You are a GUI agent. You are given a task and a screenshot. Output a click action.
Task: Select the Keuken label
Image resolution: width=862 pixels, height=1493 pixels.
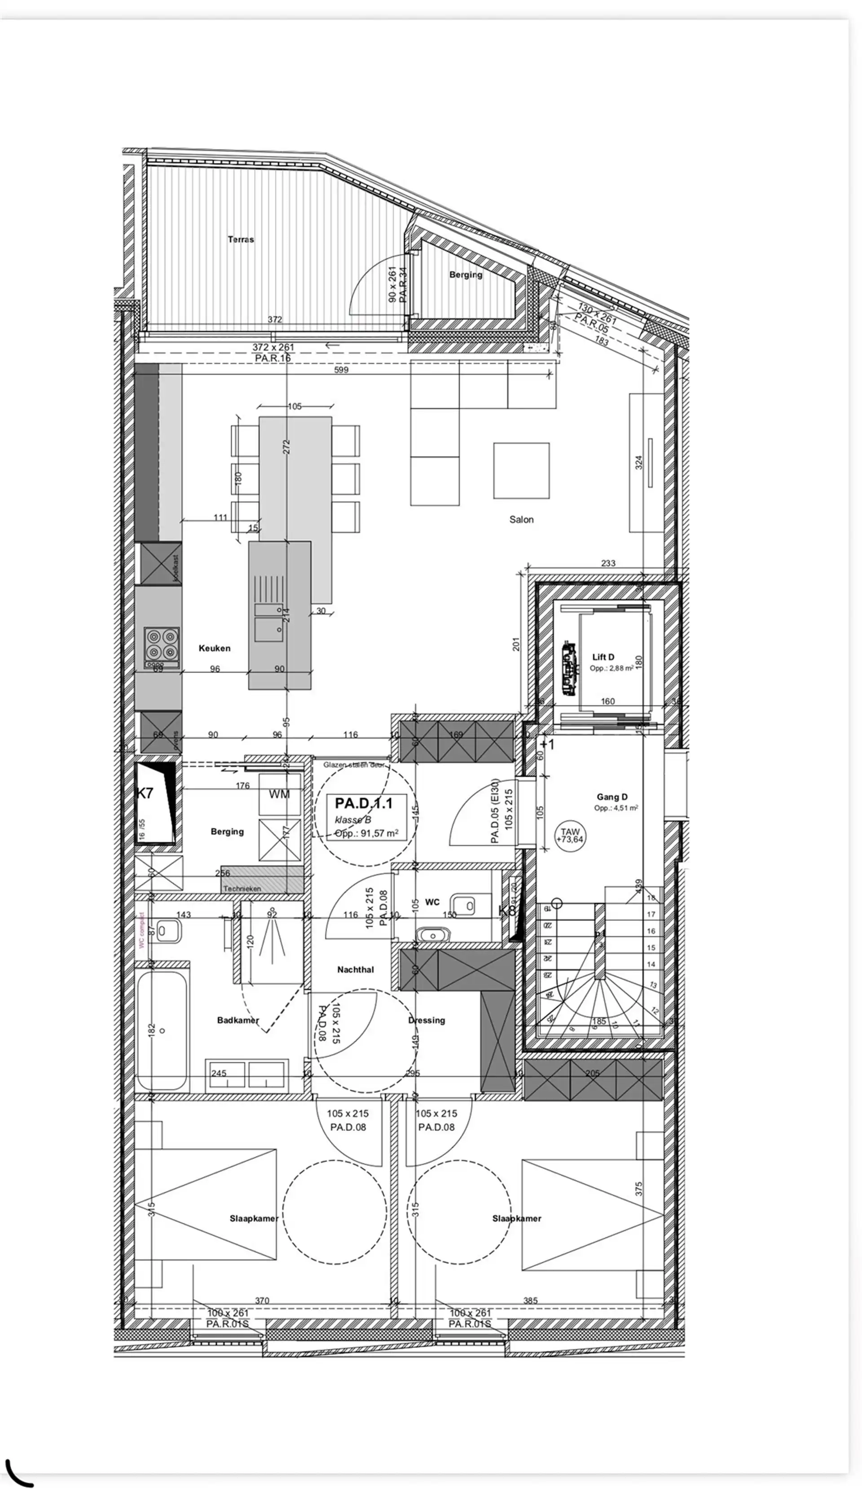pos(214,648)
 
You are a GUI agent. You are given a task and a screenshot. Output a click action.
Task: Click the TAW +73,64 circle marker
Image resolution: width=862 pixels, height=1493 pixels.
pos(570,836)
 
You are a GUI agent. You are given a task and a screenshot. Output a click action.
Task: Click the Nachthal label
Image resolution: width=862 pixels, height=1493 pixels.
pos(355,969)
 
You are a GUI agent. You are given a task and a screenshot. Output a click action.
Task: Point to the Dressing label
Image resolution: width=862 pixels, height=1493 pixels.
pos(426,1020)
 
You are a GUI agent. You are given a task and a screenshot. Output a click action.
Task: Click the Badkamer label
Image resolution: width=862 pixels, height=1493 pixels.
pos(238,1020)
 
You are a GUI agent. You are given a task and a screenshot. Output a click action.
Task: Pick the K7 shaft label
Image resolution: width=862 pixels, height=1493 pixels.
pos(145,793)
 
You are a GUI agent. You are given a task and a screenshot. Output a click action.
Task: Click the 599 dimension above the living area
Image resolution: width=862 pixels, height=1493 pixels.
pos(341,370)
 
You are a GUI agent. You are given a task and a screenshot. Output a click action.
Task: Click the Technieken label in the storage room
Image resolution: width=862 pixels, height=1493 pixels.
pos(242,889)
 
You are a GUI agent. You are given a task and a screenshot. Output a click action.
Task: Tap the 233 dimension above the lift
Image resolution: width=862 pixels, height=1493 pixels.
pos(608,563)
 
